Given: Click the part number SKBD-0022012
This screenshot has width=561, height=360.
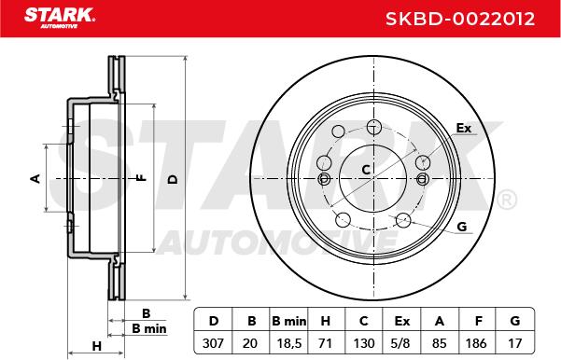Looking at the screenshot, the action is [460, 19].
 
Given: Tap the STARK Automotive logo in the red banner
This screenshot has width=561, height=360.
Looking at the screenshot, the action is [60, 18].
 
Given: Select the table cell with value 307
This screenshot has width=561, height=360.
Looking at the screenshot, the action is [213, 343].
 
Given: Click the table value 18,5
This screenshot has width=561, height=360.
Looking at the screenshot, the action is [289, 343].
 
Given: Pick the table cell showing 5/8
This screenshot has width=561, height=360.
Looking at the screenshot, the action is [400, 343].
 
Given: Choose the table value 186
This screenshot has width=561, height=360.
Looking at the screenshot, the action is [476, 343].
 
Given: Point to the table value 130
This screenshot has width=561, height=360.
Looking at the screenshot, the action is [364, 343].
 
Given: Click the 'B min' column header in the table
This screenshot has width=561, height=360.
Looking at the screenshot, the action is [289, 321].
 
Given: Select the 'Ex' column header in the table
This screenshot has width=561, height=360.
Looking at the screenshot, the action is [401, 321].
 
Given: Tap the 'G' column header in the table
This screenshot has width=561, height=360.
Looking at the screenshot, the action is [515, 321].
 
